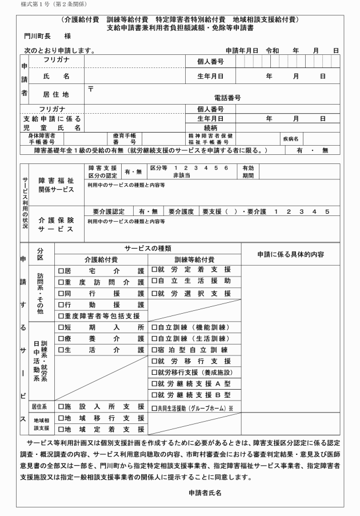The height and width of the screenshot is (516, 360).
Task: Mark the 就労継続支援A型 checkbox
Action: point(154,384)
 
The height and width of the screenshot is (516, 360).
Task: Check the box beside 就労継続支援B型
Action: point(154,395)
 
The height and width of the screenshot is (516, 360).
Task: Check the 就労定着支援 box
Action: point(154,270)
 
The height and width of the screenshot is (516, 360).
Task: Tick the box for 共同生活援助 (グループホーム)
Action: point(154,408)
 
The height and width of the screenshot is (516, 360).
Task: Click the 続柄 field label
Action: point(210,128)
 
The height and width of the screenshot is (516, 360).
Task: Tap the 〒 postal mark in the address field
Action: point(91,89)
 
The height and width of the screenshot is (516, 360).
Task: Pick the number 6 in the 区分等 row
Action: point(226,168)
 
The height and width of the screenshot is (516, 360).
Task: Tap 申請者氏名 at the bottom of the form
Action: point(205,491)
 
